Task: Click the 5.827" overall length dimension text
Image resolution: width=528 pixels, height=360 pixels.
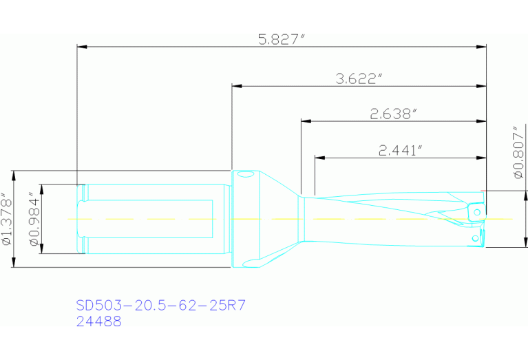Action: (x=281, y=39)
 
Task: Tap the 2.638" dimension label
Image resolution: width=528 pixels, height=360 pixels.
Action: (x=393, y=114)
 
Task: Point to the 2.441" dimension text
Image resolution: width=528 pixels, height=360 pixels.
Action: (x=401, y=150)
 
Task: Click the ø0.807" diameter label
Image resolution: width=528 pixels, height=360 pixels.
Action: (x=518, y=153)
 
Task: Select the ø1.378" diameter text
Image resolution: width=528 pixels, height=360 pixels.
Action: (x=8, y=219)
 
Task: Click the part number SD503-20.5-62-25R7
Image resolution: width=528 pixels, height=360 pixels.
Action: (x=160, y=305)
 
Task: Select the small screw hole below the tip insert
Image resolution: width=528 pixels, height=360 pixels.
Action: (x=474, y=238)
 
